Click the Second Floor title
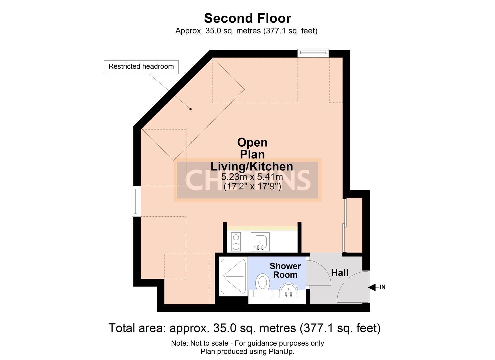[247, 18]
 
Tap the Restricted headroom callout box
[141, 67]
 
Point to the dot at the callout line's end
[191, 109]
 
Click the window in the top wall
[313, 53]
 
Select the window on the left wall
[136, 201]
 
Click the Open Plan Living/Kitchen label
[252, 154]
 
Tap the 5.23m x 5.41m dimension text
[252, 177]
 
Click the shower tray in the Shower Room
[233, 276]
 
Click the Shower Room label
[285, 270]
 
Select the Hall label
[340, 273]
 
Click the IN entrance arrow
[377, 287]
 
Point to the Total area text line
[244, 328]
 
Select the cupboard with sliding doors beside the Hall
[354, 225]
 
